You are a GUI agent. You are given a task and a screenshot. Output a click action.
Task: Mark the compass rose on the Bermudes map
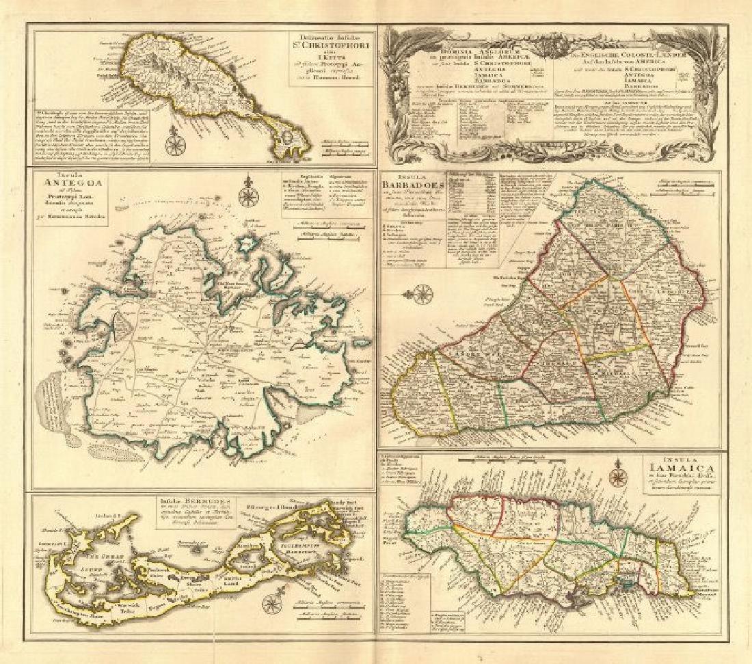(x=272, y=604)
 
